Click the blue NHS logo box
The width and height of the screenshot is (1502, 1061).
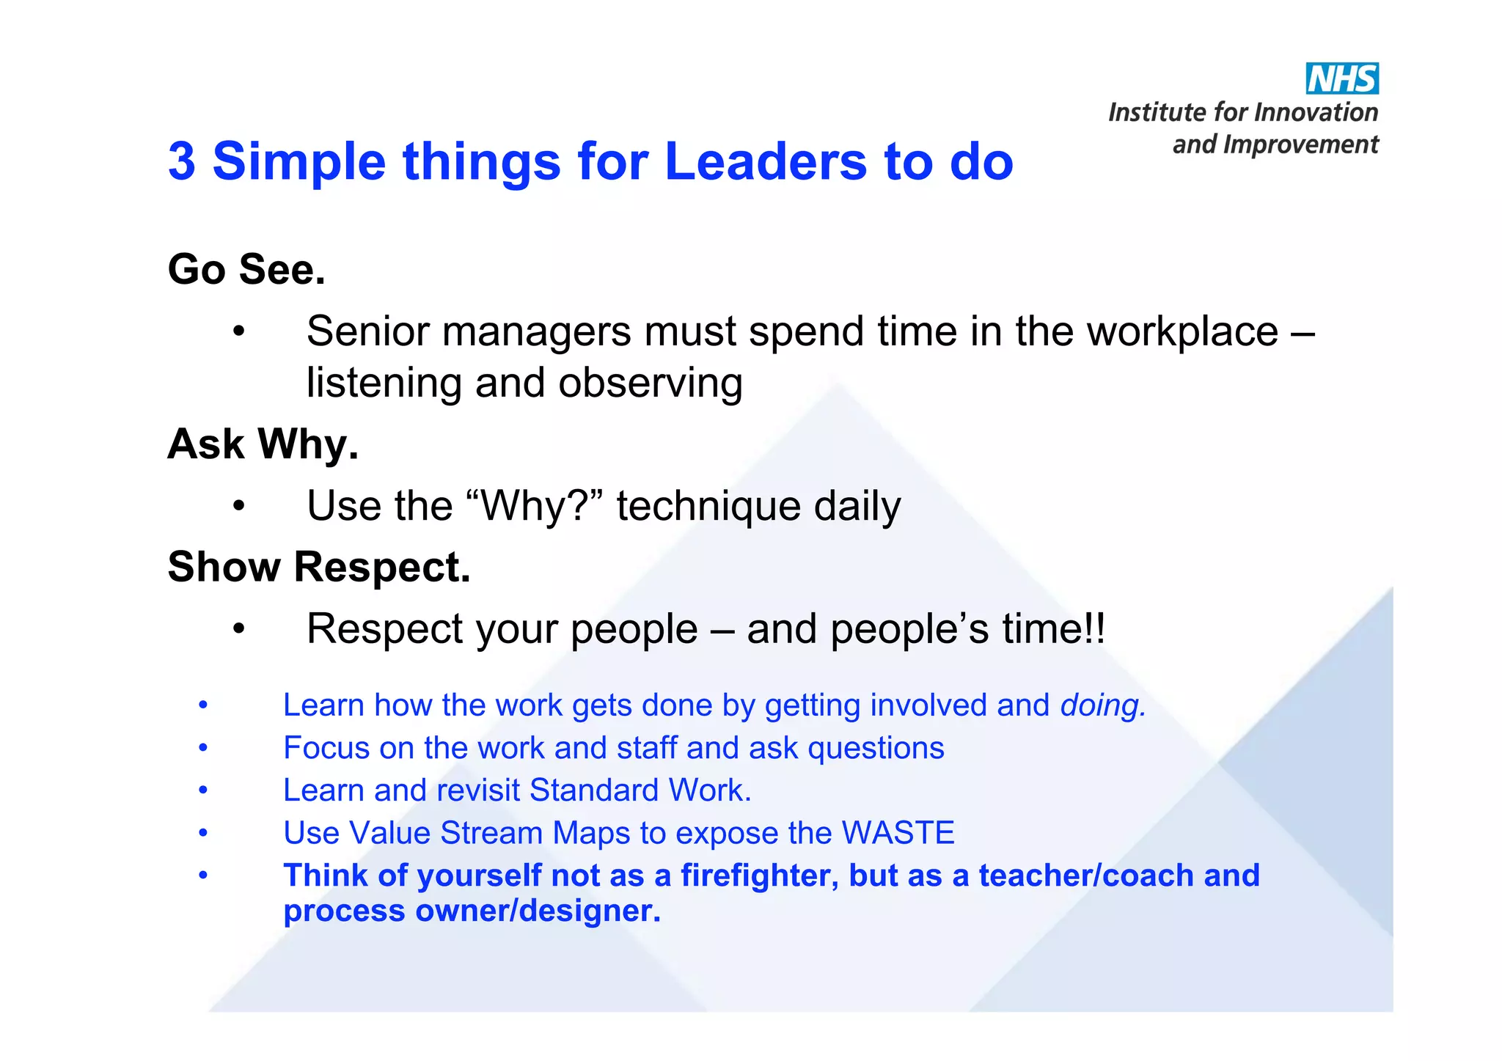(x=1341, y=78)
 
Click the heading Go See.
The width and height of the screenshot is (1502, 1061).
(x=246, y=269)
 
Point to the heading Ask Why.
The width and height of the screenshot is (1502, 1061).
(x=263, y=444)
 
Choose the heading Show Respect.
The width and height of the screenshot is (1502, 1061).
(x=318, y=567)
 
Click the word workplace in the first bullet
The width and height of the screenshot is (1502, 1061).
(x=1182, y=332)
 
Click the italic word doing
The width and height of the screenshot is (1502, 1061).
(x=1102, y=705)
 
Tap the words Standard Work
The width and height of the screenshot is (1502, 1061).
(x=640, y=790)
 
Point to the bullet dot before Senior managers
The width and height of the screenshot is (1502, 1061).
(x=238, y=333)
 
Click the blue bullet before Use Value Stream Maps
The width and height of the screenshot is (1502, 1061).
(x=204, y=833)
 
